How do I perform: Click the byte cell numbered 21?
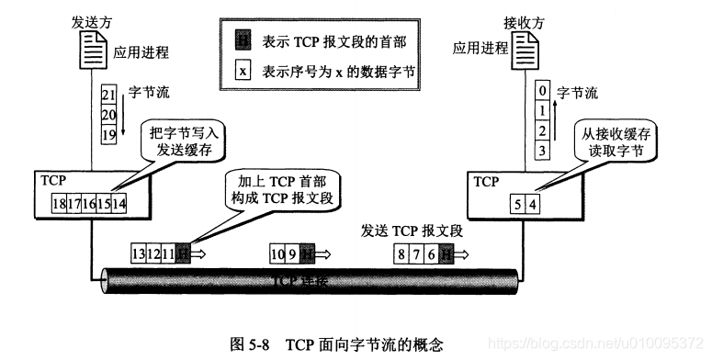(x=108, y=96)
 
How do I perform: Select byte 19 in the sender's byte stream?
(x=108, y=133)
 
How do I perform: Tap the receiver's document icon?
(x=526, y=46)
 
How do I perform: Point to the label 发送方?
(x=91, y=17)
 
